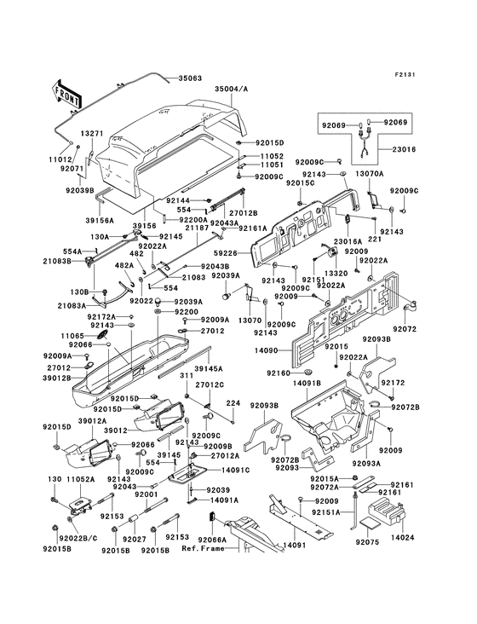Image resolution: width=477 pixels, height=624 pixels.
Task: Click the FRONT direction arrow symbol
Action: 67,92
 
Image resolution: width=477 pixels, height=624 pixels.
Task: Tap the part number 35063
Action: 190,77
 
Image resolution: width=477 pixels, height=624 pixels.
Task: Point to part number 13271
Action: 91,134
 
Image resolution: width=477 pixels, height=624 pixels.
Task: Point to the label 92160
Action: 279,373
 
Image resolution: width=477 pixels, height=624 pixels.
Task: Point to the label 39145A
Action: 208,368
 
